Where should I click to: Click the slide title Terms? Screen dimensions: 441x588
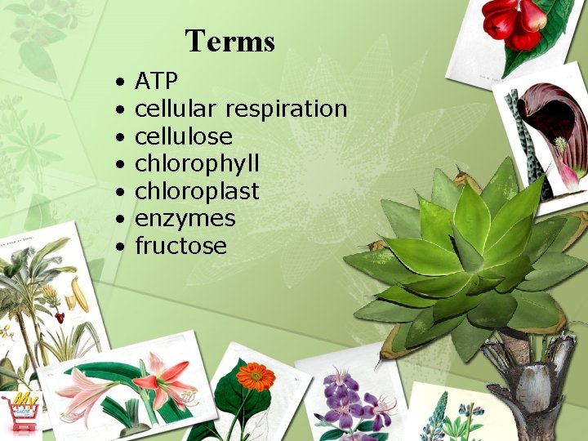point(229,40)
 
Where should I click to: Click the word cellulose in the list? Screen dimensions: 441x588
point(183,136)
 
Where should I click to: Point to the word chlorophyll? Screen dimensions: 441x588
point(197,164)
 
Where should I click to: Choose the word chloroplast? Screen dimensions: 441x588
point(197,191)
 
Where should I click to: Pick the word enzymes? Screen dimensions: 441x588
point(185,219)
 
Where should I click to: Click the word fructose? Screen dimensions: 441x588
point(180,246)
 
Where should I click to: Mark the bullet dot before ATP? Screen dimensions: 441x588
point(119,82)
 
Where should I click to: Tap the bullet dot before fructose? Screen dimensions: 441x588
point(119,247)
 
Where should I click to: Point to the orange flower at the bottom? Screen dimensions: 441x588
point(255,377)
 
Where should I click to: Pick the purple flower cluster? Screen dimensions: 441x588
point(351,400)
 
